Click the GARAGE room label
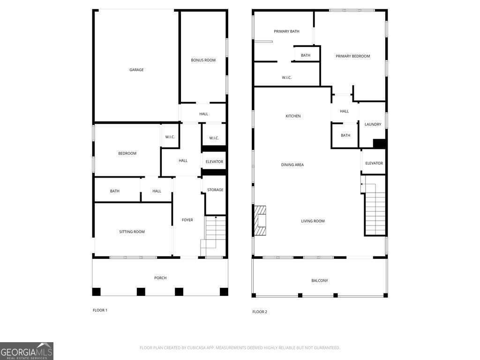pyautogui.click(x=136, y=70)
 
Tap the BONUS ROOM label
pyautogui.click(x=203, y=60)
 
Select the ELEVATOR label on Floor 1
pyautogui.click(x=214, y=162)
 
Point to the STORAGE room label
pyautogui.click(x=215, y=190)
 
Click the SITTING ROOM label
pyautogui.click(x=132, y=232)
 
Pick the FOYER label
pyautogui.click(x=187, y=220)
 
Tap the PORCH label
pyautogui.click(x=160, y=278)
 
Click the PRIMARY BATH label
pyautogui.click(x=286, y=31)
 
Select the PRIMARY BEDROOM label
pyautogui.click(x=352, y=56)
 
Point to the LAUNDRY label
pyautogui.click(x=373, y=124)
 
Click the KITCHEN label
pyautogui.click(x=293, y=116)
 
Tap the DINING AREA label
pyautogui.click(x=292, y=165)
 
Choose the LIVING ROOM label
pyautogui.click(x=313, y=221)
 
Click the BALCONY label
pyautogui.click(x=320, y=280)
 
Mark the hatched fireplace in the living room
pyautogui.click(x=260, y=221)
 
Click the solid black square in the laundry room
pyautogui.click(x=379, y=143)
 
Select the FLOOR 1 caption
pyautogui.click(x=100, y=310)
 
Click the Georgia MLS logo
pyautogui.click(x=27, y=351)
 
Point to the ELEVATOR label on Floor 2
pyautogui.click(x=374, y=163)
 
